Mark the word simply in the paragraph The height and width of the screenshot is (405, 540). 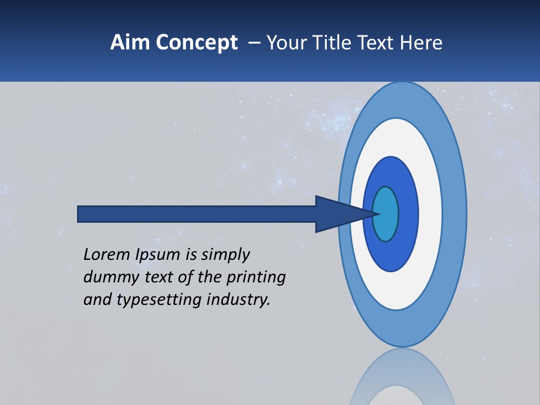pyautogui.click(x=226, y=255)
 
